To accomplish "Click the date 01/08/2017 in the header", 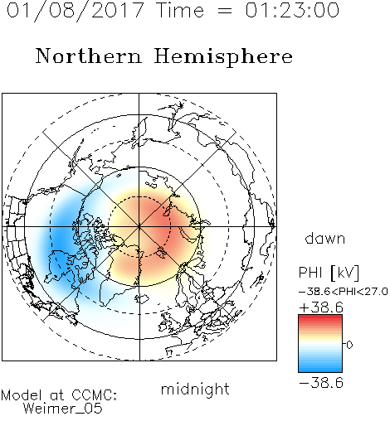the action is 76,11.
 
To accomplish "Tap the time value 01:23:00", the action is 292,11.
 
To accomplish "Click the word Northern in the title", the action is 89,56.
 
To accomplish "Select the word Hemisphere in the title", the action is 223,57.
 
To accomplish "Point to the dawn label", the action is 325,238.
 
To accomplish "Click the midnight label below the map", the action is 195,389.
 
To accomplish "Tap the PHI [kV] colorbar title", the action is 329,273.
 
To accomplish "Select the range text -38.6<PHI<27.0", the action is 343,292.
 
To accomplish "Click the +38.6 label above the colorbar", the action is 321,307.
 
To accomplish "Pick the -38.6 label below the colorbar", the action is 321,383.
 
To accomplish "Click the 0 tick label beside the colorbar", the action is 349,345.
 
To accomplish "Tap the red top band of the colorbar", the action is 320,318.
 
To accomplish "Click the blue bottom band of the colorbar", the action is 320,368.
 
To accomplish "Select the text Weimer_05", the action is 63,409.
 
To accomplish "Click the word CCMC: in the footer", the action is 94,395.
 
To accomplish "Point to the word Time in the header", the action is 180,11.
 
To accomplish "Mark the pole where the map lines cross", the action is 139,227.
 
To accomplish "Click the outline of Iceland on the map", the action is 142,298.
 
